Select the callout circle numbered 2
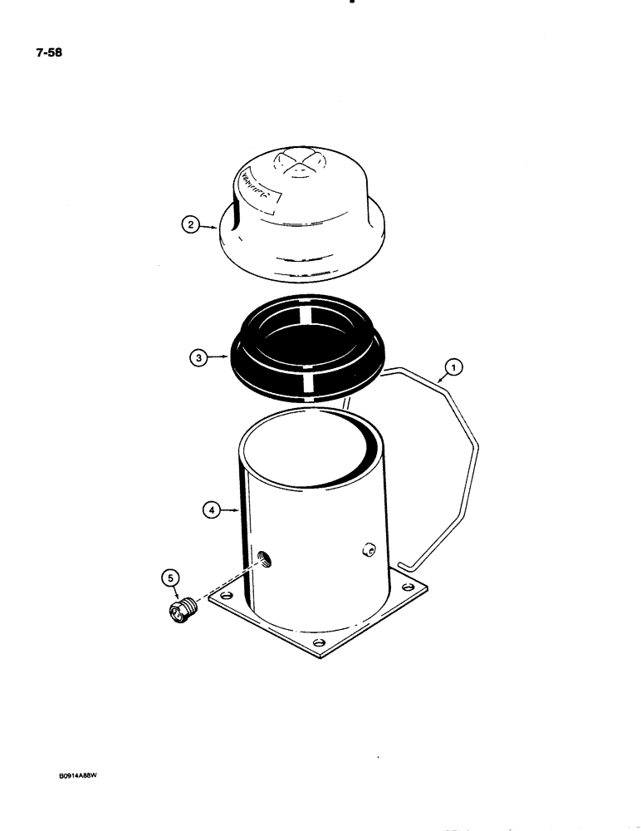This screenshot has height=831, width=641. click(x=190, y=224)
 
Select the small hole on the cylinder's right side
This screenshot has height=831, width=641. click(x=369, y=550)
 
